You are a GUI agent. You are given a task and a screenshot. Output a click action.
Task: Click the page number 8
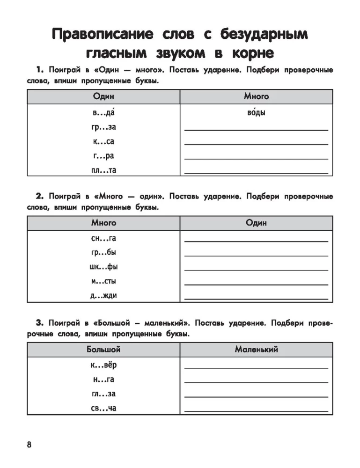point(29,444)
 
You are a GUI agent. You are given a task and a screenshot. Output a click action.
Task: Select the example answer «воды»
point(256,113)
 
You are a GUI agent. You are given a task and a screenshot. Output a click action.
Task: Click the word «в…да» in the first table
point(103,113)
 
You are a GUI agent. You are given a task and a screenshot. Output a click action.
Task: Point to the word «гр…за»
point(103,127)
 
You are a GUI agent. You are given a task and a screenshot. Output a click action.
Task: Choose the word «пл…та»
point(103,170)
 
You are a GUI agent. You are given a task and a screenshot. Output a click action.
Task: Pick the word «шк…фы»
point(103,267)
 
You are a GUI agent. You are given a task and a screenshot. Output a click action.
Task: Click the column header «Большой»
point(103,350)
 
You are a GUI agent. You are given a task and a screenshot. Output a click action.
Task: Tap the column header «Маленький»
point(256,350)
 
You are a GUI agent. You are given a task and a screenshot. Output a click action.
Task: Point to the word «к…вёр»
point(103,365)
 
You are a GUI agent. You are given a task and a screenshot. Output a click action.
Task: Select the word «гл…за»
point(103,394)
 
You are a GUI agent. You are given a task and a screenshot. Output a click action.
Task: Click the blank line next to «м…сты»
point(256,284)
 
